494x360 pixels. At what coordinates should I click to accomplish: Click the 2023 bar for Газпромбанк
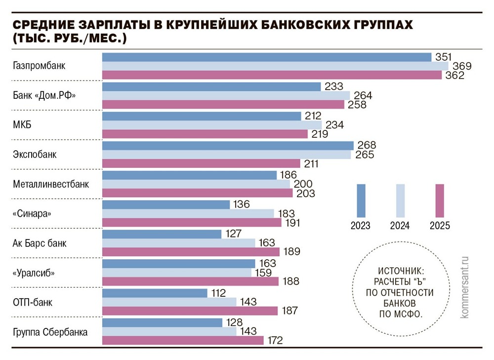point(267,57)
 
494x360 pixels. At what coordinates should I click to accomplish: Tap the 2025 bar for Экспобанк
point(201,163)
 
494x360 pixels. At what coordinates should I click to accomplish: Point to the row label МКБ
point(22,124)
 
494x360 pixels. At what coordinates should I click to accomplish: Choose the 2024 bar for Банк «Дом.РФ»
point(226,95)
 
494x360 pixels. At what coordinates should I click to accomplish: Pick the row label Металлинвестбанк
point(51,184)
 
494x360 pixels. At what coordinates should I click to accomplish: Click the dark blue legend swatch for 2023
point(361,200)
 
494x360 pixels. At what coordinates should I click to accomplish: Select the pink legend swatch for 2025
point(440,200)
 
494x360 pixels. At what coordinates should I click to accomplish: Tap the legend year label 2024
point(400,226)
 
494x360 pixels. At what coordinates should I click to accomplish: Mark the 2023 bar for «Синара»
point(166,204)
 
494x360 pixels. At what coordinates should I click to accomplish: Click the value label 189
point(292,252)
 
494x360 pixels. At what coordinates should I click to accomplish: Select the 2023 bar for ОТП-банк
point(155,293)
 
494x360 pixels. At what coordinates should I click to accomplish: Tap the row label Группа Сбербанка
point(50,332)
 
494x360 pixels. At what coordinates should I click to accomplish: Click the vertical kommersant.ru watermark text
point(464,286)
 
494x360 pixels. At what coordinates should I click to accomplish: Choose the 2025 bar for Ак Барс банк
point(191,252)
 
